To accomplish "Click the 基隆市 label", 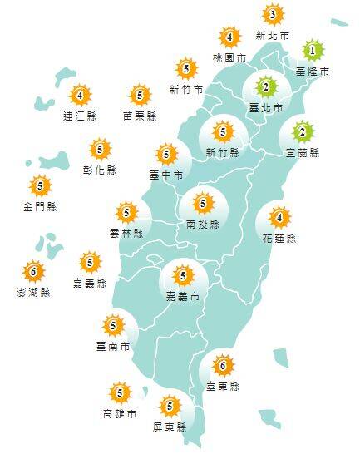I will [x=313, y=72].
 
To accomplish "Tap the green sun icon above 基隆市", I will [x=312, y=51].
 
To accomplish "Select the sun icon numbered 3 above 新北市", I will [x=272, y=14].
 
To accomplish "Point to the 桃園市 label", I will [x=229, y=58].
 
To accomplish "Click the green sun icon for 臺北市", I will [x=266, y=86].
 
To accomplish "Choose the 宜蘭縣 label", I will [x=303, y=153].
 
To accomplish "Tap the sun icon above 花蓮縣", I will [x=280, y=217].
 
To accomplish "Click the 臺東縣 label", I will [x=222, y=387].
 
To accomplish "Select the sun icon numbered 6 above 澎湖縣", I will [x=33, y=271].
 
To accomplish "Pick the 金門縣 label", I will [x=40, y=206].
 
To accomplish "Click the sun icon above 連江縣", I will [x=80, y=95].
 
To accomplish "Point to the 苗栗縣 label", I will [x=139, y=116].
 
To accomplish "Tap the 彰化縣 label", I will [x=101, y=170].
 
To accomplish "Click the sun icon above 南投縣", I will [x=203, y=202].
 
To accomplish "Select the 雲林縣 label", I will [x=126, y=233].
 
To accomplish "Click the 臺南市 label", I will [x=112, y=346].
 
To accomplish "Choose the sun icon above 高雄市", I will [x=120, y=392].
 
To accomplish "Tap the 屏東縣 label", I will [x=170, y=427].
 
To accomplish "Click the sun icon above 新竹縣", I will [x=222, y=131].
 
